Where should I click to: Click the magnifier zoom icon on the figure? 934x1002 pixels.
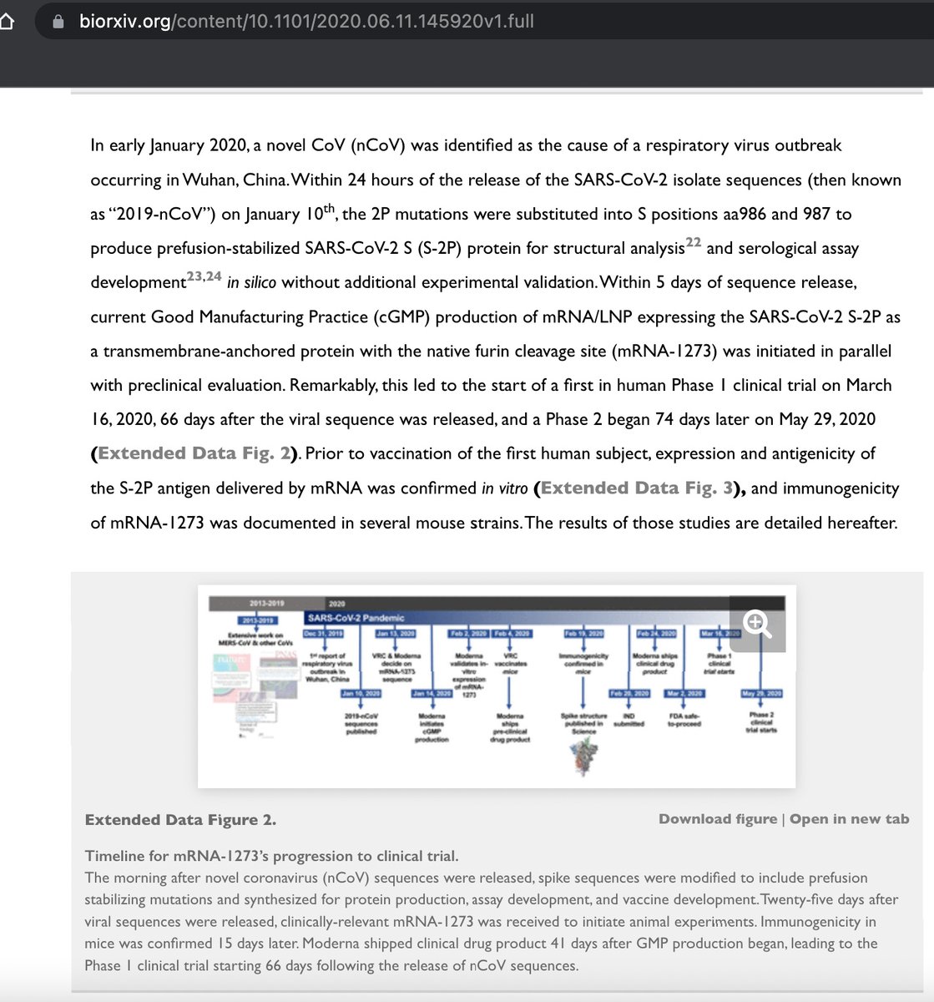757,624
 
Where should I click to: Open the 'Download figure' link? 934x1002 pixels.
718,819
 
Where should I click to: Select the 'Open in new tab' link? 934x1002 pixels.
849,819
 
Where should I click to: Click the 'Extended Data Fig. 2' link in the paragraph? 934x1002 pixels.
194,453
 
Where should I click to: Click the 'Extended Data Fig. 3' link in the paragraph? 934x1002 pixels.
638,488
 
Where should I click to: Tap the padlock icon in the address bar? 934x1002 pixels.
58,22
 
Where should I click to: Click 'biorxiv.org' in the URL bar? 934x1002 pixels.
124,22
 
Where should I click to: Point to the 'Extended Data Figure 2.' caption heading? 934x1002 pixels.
180,820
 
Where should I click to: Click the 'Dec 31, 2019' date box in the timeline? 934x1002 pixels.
324,634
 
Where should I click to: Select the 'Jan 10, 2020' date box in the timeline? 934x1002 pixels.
361,694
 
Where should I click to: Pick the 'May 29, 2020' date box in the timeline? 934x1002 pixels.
761,694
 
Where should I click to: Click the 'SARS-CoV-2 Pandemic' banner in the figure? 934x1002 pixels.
356,618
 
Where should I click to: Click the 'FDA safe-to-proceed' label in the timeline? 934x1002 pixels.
684,719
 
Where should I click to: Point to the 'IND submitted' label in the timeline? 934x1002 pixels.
629,719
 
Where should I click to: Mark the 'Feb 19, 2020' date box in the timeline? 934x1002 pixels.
583,634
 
